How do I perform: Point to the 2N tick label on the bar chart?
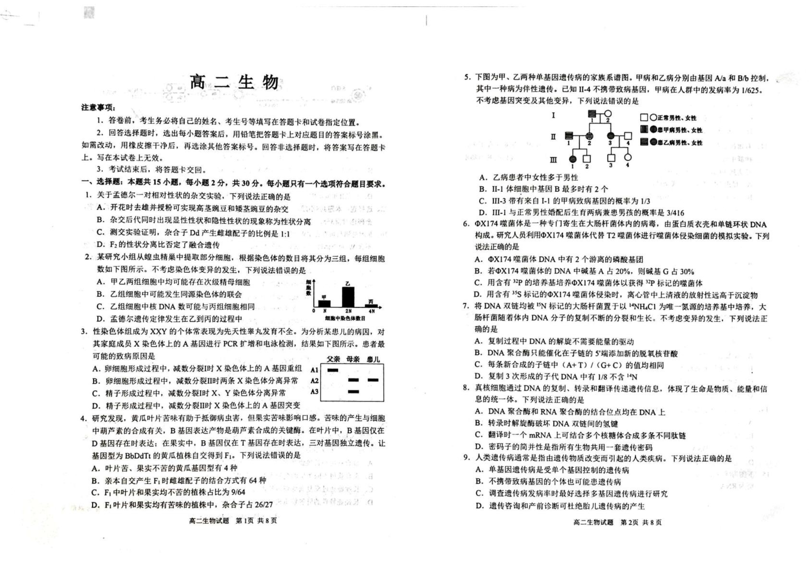click(x=348, y=311)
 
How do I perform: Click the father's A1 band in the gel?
click(x=333, y=370)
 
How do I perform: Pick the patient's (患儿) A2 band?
click(x=373, y=380)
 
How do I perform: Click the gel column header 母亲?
click(x=353, y=359)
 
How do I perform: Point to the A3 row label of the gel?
click(x=314, y=392)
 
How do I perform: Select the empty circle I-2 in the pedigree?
click(x=608, y=114)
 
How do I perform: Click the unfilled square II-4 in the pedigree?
click(x=628, y=136)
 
